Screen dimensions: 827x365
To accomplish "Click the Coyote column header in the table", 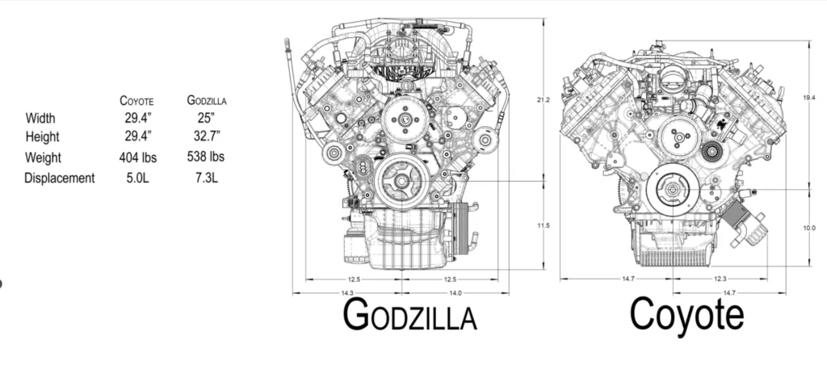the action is pos(136,101).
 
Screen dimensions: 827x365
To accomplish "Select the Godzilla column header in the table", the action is pos(207,100).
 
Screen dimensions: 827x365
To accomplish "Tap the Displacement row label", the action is pos(60,178).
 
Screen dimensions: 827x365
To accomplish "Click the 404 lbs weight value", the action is pos(138,157).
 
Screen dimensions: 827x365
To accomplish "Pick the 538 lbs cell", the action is pos(206,157).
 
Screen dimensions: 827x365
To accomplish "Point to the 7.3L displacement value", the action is pos(206,178).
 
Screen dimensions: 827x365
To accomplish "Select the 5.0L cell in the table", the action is pos(137,178).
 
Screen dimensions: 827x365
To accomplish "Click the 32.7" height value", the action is pos(207,136).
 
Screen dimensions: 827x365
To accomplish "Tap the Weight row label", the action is pos(44,157).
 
